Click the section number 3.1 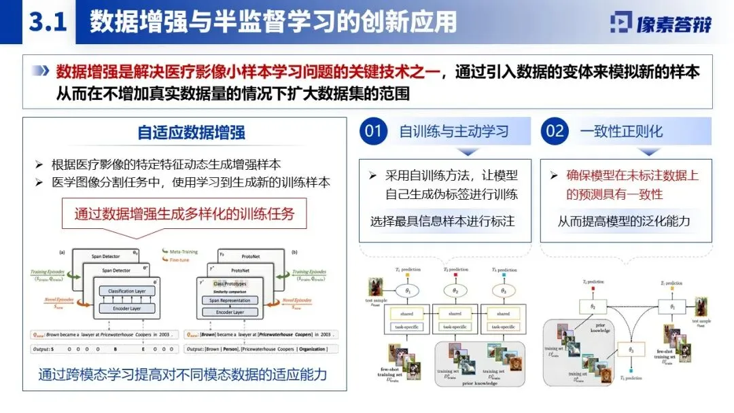pyautogui.click(x=47, y=22)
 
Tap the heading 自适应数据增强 pyautogui.click(x=192, y=132)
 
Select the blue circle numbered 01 pyautogui.click(x=373, y=131)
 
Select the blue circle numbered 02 pyautogui.click(x=555, y=131)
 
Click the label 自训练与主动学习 pyautogui.click(x=454, y=131)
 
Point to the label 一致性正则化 pyautogui.click(x=621, y=131)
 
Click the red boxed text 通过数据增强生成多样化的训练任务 pyautogui.click(x=184, y=214)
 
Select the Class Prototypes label pyautogui.click(x=229, y=283)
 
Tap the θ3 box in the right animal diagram pyautogui.click(x=631, y=350)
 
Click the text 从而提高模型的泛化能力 pyautogui.click(x=624, y=221)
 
